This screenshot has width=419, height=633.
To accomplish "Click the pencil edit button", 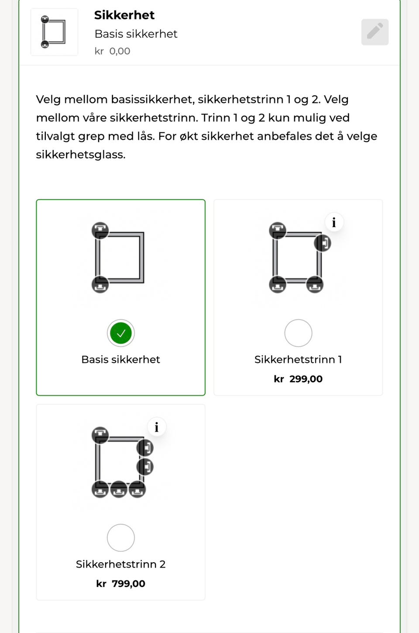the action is pyautogui.click(x=374, y=32).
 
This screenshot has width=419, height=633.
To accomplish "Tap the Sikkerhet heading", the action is pyautogui.click(x=124, y=15).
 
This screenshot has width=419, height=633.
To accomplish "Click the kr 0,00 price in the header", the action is pyautogui.click(x=112, y=51).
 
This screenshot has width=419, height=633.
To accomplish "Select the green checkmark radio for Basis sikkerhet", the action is pyautogui.click(x=121, y=333).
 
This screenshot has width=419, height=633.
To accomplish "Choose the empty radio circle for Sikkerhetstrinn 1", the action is pyautogui.click(x=298, y=333).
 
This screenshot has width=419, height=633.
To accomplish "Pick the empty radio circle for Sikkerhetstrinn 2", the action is pyautogui.click(x=121, y=538).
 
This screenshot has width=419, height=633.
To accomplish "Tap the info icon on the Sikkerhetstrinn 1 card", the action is pyautogui.click(x=334, y=222).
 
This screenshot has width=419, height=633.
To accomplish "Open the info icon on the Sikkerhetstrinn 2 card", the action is pyautogui.click(x=157, y=427).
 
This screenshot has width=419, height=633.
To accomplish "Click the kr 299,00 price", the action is pyautogui.click(x=298, y=379).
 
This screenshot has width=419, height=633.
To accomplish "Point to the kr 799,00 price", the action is pyautogui.click(x=121, y=584).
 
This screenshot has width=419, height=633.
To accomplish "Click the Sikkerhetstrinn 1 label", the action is pyautogui.click(x=298, y=360).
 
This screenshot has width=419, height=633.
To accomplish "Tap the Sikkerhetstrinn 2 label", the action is pyautogui.click(x=121, y=564).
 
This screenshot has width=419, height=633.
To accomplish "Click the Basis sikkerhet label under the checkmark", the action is pyautogui.click(x=121, y=360).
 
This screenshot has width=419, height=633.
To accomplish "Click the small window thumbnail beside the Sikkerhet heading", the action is pyautogui.click(x=54, y=32).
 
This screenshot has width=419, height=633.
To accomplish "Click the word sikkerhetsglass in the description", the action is pyautogui.click(x=81, y=155).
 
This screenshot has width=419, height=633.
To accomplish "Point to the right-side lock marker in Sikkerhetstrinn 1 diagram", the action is pyautogui.click(x=323, y=243).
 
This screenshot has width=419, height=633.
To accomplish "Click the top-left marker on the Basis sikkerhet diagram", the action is pyautogui.click(x=100, y=231).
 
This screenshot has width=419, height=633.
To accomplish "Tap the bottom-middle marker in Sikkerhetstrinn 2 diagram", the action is pyautogui.click(x=119, y=489).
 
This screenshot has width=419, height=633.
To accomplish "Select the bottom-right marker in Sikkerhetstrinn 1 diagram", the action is pyautogui.click(x=315, y=284).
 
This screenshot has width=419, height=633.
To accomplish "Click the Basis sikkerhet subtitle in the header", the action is pyautogui.click(x=136, y=34).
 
